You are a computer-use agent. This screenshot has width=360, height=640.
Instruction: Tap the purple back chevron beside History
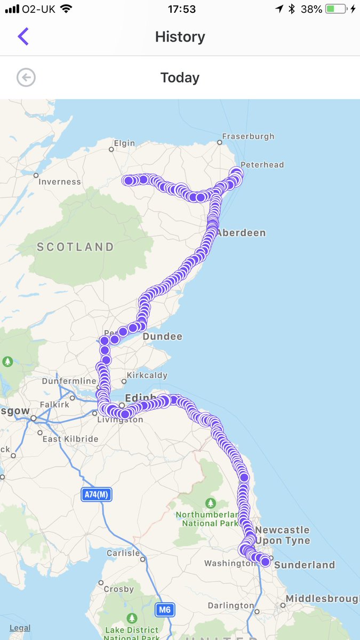coord(23,36)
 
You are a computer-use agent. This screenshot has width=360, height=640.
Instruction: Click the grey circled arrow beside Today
coord(26,78)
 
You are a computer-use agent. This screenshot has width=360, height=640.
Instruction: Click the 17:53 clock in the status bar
coord(180,9)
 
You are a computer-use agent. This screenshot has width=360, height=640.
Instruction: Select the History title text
coord(180,37)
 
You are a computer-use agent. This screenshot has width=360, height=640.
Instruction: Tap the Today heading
coord(180,78)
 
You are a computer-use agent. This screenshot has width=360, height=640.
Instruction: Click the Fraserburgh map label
coord(248,137)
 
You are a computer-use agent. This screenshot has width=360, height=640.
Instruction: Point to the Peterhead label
coord(262,165)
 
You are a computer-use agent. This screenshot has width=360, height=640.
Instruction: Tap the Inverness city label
coord(59,182)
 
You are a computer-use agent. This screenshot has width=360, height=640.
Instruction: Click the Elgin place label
coord(124,143)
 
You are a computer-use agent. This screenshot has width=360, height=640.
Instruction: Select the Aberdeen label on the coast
coord(241,233)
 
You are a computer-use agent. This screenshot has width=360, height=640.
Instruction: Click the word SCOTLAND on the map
coord(75,247)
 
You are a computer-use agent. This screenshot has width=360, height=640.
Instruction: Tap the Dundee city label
coord(162,337)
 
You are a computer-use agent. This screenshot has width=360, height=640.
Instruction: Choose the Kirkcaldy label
coord(147,375)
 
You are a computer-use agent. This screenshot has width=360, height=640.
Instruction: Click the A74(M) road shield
coord(97,494)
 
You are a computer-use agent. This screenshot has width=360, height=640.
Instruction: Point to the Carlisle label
coord(123,553)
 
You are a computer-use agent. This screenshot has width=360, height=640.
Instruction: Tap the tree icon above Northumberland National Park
coord(211,503)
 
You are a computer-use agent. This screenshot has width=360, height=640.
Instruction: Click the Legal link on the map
coord(20,628)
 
